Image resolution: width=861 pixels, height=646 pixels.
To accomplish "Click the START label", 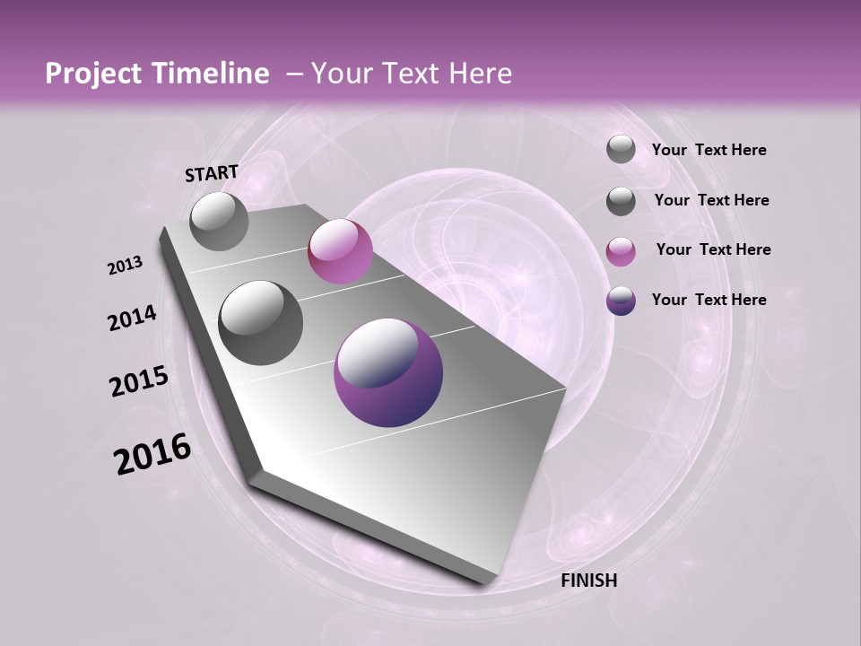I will pyautogui.click(x=212, y=172).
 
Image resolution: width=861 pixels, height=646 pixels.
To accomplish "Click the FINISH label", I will pyautogui.click(x=588, y=581).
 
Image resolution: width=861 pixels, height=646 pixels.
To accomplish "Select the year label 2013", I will pyautogui.click(x=125, y=266).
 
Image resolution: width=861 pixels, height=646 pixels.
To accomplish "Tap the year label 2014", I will pyautogui.click(x=132, y=318).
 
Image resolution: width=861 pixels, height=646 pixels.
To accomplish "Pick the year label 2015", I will pyautogui.click(x=138, y=381).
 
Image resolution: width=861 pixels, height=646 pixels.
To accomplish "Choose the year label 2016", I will pyautogui.click(x=152, y=454).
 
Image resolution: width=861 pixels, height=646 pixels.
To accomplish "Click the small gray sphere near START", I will pyautogui.click(x=219, y=221).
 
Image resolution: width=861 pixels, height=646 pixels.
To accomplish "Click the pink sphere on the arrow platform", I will pyautogui.click(x=340, y=251).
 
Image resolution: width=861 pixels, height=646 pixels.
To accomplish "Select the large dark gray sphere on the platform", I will pyautogui.click(x=261, y=323).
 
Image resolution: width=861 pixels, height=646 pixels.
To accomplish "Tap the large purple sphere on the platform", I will pyautogui.click(x=387, y=373).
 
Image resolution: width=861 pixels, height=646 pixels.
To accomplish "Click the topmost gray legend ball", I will pyautogui.click(x=621, y=149).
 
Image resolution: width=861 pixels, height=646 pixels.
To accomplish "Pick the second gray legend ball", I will pyautogui.click(x=621, y=201).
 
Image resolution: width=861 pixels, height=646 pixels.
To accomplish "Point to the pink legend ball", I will pyautogui.click(x=621, y=251).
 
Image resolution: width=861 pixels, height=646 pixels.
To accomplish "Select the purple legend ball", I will pyautogui.click(x=621, y=301).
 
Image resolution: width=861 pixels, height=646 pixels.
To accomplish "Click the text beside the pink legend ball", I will pyautogui.click(x=713, y=249).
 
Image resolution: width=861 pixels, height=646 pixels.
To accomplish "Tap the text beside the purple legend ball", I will pyautogui.click(x=709, y=300).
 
